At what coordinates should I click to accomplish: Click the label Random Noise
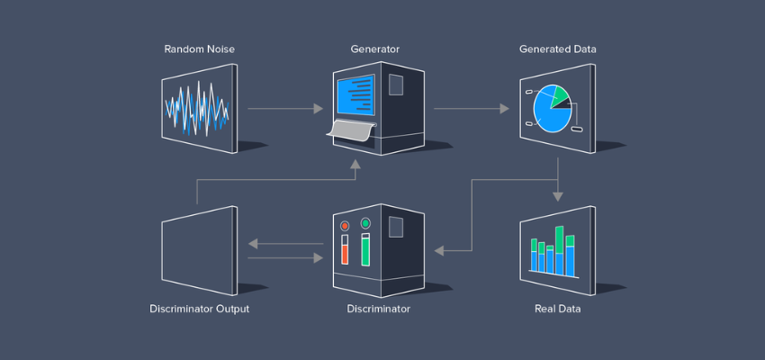pyautogui.click(x=199, y=48)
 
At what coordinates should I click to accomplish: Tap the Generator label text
pyautogui.click(x=375, y=48)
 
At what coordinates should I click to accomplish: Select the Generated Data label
pyautogui.click(x=557, y=48)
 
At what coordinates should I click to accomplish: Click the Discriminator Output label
pyautogui.click(x=199, y=309)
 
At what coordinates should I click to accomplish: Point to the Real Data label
pyautogui.click(x=557, y=309)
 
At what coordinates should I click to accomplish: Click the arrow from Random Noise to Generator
pyautogui.click(x=284, y=109)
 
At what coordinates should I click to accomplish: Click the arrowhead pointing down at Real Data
pyautogui.click(x=559, y=195)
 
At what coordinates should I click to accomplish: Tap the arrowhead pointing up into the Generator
pyautogui.click(x=356, y=165)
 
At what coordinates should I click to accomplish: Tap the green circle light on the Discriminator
pyautogui.click(x=365, y=222)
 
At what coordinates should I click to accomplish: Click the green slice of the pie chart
pyautogui.click(x=560, y=95)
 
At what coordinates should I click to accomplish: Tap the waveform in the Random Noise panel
pyautogui.click(x=197, y=110)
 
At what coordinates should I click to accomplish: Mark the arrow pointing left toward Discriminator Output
pyautogui.click(x=284, y=243)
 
